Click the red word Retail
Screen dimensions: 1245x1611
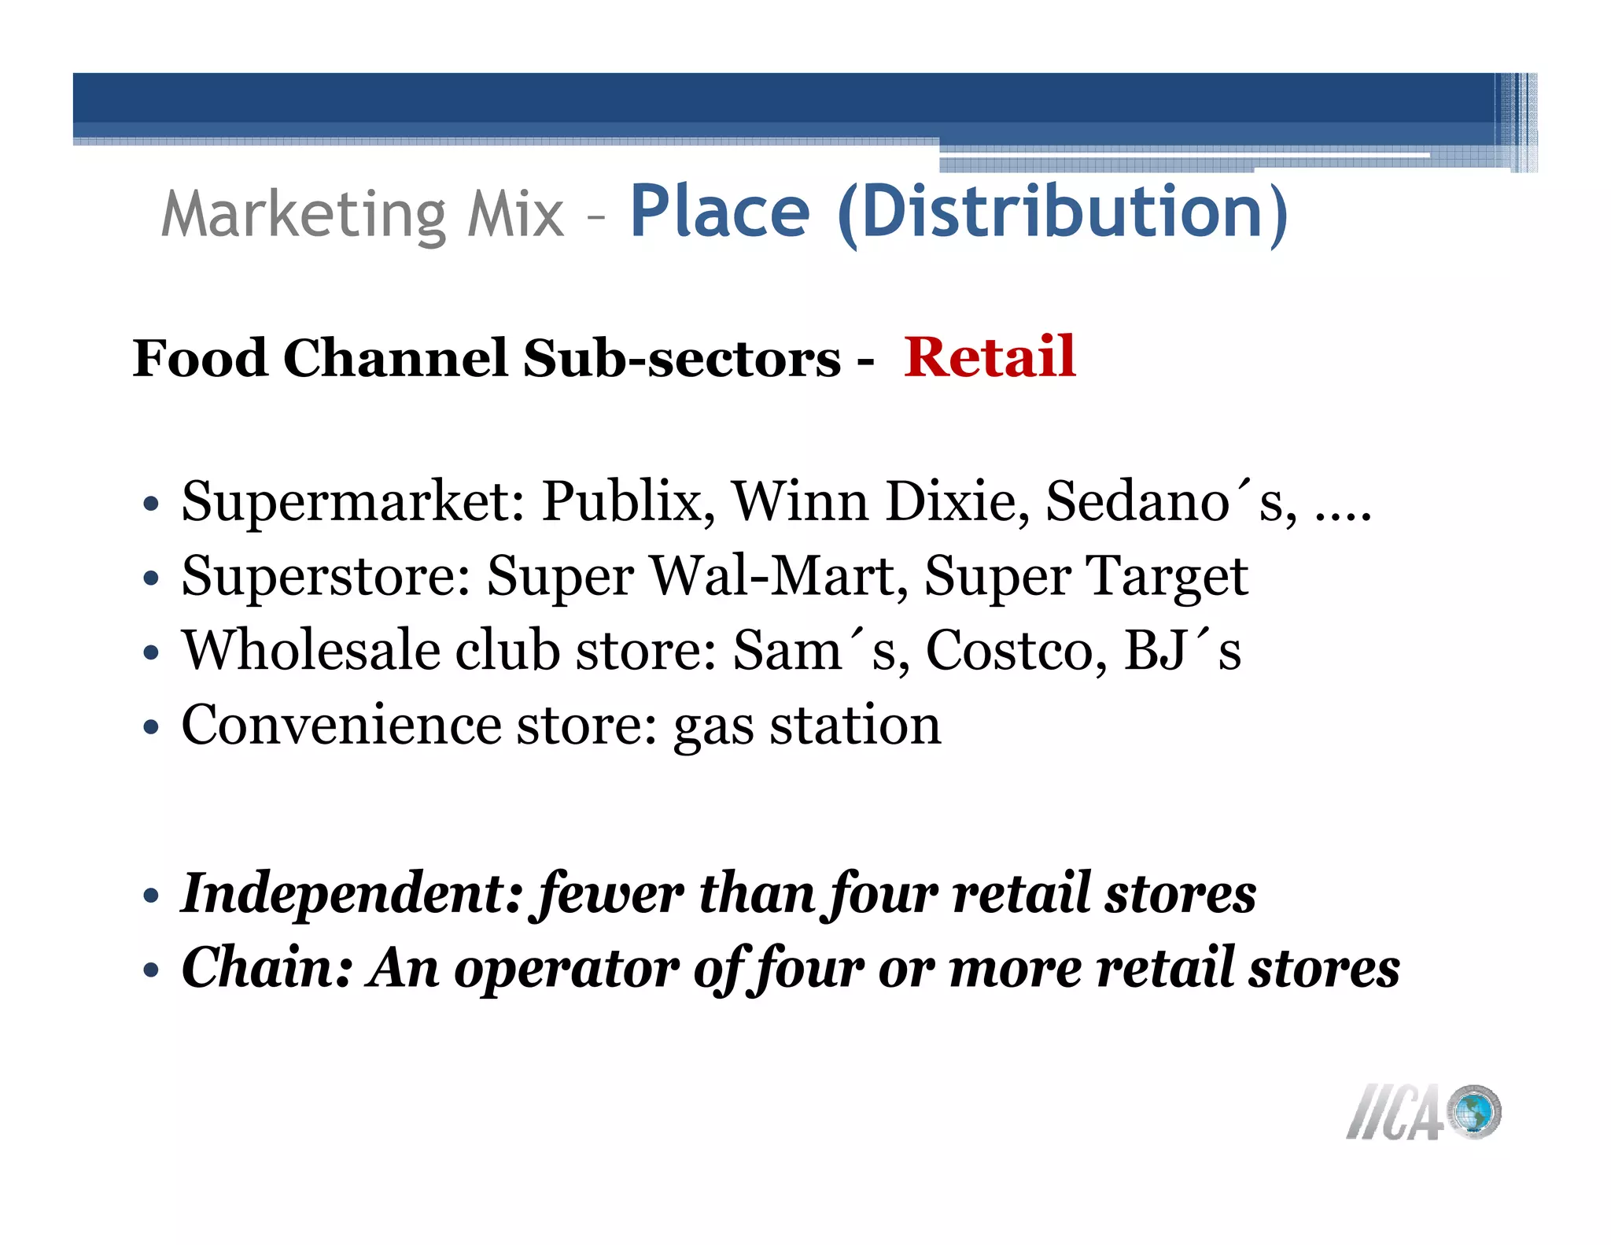point(989,358)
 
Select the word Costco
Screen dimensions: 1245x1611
point(1016,652)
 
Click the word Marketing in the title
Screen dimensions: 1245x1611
point(304,215)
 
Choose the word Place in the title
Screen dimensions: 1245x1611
point(719,212)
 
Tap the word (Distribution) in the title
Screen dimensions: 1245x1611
point(1063,212)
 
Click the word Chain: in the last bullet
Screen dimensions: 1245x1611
point(267,968)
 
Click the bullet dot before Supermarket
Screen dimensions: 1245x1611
point(152,504)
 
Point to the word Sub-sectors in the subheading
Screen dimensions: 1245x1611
point(682,359)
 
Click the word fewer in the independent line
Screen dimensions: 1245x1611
point(610,894)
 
